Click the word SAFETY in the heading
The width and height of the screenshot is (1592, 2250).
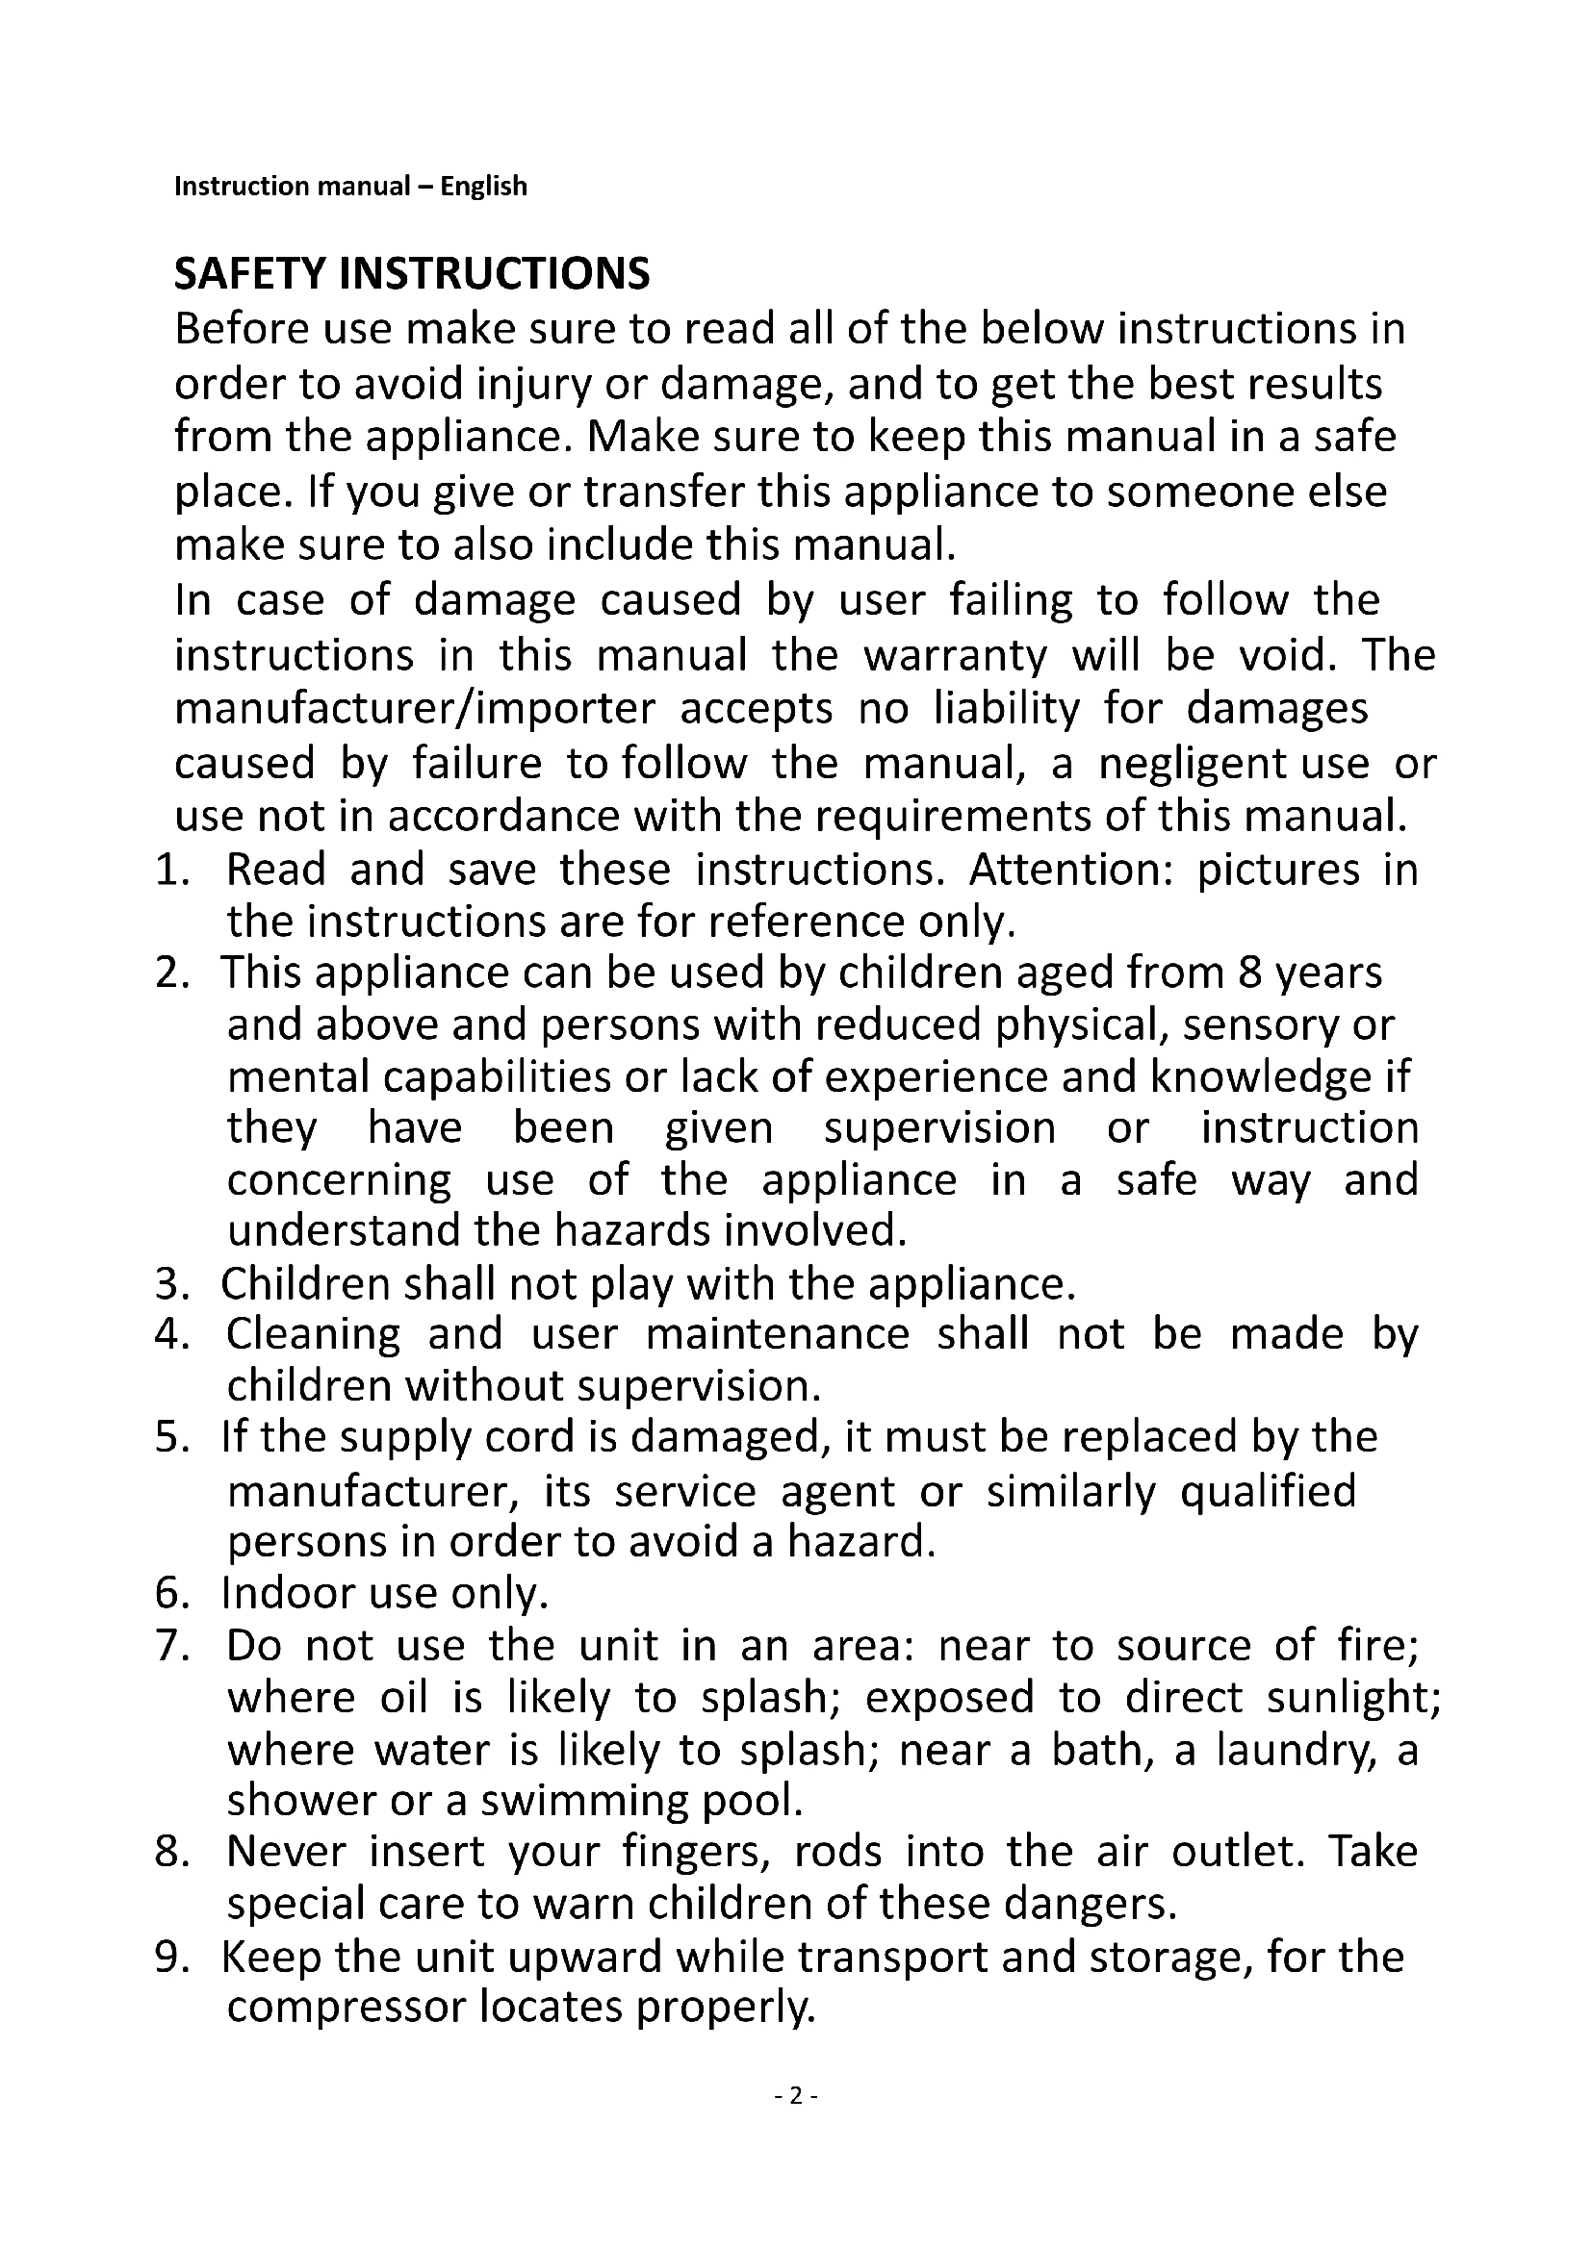click(x=250, y=274)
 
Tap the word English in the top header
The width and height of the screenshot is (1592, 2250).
click(x=483, y=187)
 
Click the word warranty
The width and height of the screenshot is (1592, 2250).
click(x=955, y=655)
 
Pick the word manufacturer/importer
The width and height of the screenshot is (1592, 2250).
click(x=415, y=709)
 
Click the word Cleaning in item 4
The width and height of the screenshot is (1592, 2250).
click(x=314, y=1335)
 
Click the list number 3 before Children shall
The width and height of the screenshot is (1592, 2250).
click(x=168, y=1284)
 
